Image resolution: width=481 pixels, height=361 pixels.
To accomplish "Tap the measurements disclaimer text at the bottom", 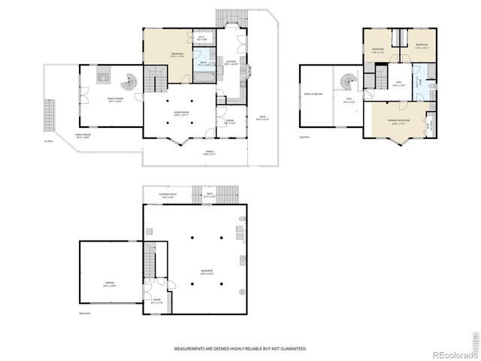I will pyautogui.click(x=240, y=349).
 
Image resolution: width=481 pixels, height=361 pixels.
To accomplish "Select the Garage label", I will pyautogui.click(x=110, y=284).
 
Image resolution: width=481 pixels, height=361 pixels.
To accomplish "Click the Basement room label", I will pyautogui.click(x=206, y=272).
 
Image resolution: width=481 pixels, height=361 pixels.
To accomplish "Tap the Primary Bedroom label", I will pyautogui.click(x=398, y=121).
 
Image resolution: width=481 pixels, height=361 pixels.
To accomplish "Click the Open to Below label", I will pyautogui.click(x=313, y=94).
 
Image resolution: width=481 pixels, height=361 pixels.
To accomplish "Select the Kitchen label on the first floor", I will pyautogui.click(x=231, y=62).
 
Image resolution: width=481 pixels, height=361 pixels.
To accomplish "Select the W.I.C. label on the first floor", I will pyautogui.click(x=201, y=38).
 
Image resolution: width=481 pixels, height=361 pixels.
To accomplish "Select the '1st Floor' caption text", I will pyautogui.click(x=48, y=141).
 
